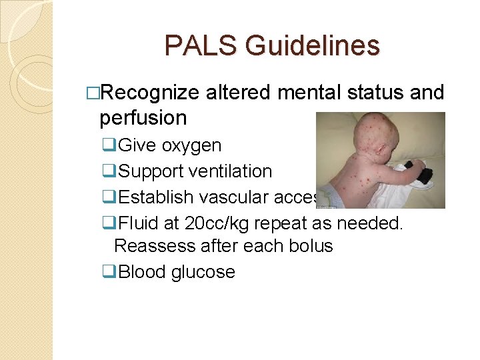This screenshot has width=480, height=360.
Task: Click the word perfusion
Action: (143, 118)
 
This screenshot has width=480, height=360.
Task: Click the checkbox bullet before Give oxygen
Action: (109, 145)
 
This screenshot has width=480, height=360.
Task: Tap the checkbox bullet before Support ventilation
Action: (109, 171)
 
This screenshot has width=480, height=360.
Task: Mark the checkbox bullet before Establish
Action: (109, 197)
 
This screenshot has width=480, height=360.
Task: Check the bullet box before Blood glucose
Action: (109, 272)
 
